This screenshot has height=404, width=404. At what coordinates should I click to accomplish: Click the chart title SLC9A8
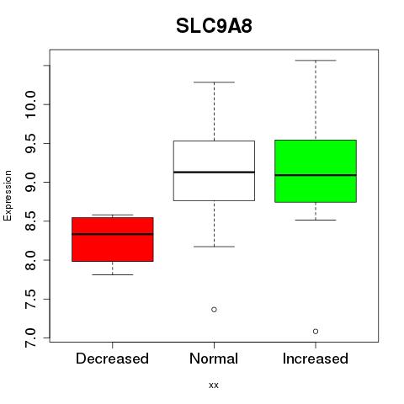pos(214,26)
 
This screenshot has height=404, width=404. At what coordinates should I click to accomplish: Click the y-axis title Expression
pos(8,196)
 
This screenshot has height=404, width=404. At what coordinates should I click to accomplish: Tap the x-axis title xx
pos(214,385)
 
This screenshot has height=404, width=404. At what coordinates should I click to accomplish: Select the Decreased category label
pos(112,359)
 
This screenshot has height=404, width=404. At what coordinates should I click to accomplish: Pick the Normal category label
pos(214,359)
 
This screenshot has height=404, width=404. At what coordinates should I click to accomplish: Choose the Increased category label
pos(316,359)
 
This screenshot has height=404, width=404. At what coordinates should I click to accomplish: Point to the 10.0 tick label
pos(30,104)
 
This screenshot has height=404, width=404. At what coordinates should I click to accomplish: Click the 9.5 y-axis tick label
pos(30,143)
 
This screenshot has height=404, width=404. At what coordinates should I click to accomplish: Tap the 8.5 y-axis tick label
pos(30,221)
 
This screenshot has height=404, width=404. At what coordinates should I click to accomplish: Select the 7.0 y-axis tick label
pos(30,338)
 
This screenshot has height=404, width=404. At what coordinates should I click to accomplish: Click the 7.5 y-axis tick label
pos(30,299)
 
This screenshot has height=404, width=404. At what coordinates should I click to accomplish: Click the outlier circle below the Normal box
pos(214,310)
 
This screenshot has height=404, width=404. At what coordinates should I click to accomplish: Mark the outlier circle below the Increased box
pos(316,332)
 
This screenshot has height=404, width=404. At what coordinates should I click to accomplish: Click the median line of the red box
pos(113,234)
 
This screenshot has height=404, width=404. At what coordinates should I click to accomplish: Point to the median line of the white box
pos(214,172)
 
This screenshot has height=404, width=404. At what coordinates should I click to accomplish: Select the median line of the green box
pos(316,175)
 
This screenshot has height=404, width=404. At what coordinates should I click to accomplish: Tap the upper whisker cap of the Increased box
pos(316,61)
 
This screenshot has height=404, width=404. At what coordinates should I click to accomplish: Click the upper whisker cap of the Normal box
pos(214,82)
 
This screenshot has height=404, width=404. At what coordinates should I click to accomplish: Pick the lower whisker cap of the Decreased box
pos(113,274)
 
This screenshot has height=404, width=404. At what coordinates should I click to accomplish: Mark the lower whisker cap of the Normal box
pos(214,247)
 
